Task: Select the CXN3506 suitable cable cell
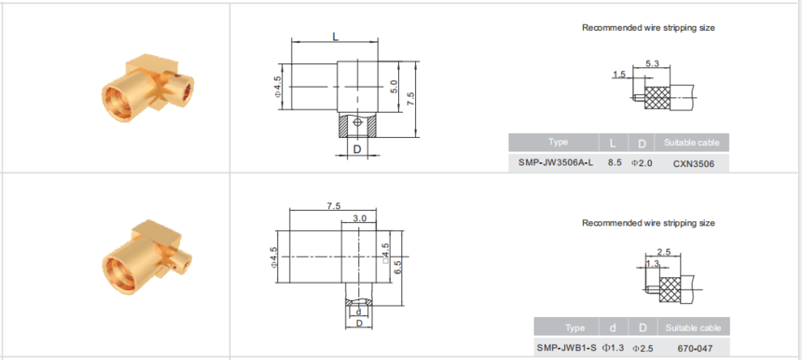tap(693, 164)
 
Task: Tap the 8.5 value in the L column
tap(615, 163)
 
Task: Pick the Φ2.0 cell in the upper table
tap(642, 163)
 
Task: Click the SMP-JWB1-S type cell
tap(566, 348)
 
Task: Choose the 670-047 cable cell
tap(695, 349)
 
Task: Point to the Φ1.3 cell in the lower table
tap(613, 348)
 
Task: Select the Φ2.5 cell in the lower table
tap(643, 349)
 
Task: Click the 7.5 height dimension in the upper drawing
tap(410, 99)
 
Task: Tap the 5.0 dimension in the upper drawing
tap(394, 87)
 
